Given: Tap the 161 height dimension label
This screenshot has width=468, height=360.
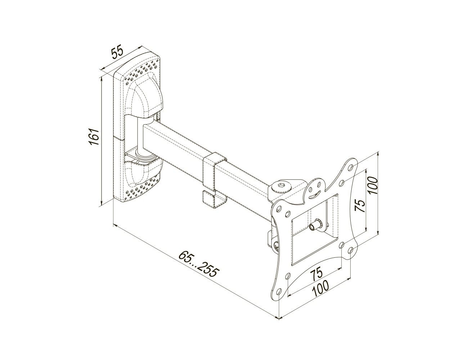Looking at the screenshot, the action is point(94,137).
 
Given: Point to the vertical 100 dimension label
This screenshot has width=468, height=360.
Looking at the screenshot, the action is point(373,185).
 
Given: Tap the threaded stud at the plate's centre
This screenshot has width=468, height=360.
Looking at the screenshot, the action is point(315,225).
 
